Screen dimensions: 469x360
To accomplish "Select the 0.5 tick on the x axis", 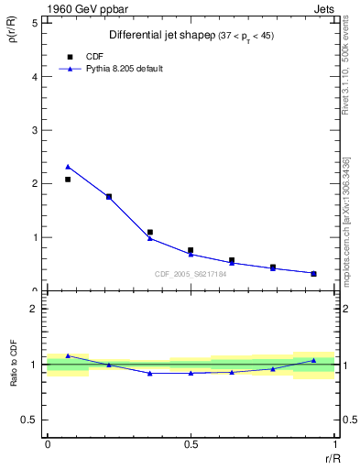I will coord(191,445).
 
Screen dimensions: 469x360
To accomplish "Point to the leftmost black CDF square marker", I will coord(68,180).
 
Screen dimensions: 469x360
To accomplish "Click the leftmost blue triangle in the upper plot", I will coord(68,166).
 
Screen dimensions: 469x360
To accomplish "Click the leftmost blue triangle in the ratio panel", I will coord(68,355).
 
